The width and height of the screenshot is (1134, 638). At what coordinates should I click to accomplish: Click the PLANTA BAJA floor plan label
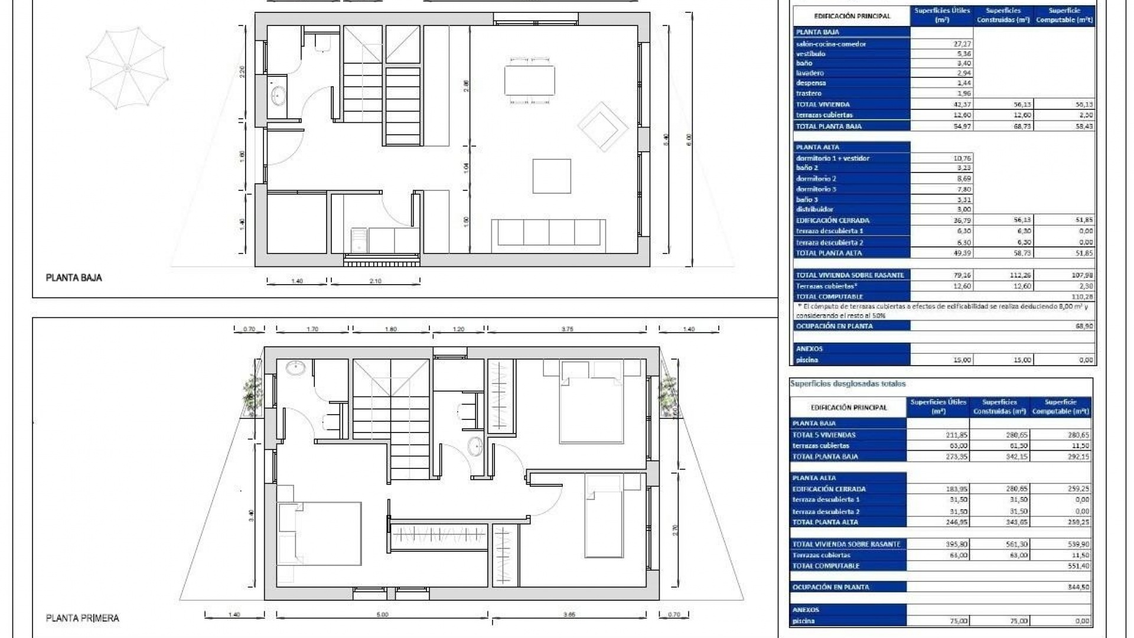pyautogui.click(x=74, y=278)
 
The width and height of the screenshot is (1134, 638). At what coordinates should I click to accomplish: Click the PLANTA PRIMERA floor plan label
pyautogui.click(x=82, y=618)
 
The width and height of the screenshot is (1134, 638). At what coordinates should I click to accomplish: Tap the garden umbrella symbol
pyautogui.click(x=127, y=69)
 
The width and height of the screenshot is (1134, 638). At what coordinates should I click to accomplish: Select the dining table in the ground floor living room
pyautogui.click(x=529, y=80)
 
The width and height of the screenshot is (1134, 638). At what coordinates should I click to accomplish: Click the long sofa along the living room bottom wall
pyautogui.click(x=549, y=232)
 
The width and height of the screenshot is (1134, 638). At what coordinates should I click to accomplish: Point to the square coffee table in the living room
pyautogui.click(x=552, y=176)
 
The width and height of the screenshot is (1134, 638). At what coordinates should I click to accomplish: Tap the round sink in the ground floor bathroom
pyautogui.click(x=278, y=95)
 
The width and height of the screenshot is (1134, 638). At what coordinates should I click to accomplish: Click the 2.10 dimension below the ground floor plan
pyautogui.click(x=375, y=281)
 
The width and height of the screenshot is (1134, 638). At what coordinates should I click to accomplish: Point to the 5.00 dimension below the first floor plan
pyautogui.click(x=382, y=615)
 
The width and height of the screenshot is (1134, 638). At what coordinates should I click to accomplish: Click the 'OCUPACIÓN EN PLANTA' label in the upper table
pyautogui.click(x=834, y=326)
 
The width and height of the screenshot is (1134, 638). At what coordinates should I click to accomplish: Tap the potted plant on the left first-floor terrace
pyautogui.click(x=253, y=392)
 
